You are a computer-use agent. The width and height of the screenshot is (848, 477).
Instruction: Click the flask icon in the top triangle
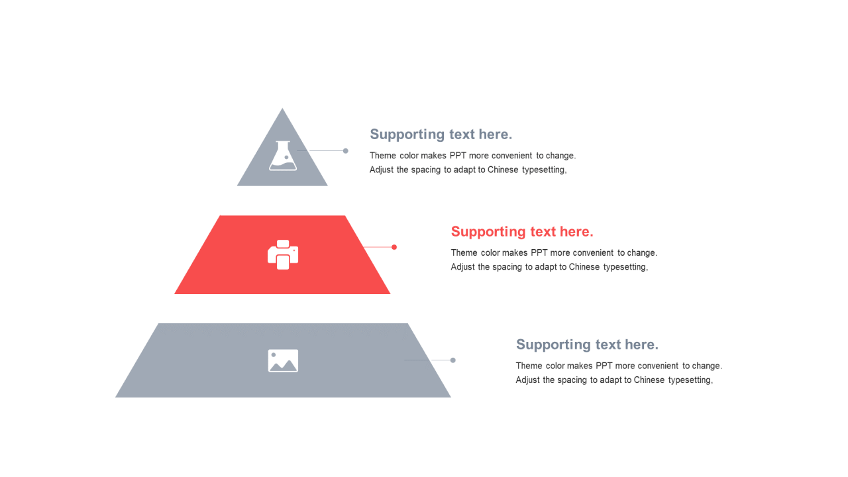[x=283, y=156]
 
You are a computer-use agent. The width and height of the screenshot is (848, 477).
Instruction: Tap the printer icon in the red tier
[x=283, y=255]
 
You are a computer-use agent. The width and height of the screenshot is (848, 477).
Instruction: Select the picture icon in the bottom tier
[x=283, y=361]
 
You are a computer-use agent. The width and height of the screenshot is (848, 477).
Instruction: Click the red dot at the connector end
[x=394, y=247]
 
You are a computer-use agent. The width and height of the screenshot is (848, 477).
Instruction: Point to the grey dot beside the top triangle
[x=345, y=151]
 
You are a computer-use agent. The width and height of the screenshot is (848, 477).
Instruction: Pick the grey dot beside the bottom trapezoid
[x=453, y=360]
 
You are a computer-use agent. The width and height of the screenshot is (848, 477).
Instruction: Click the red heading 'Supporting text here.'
[x=522, y=232]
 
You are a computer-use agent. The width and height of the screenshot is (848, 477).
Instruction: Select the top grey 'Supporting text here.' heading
[x=441, y=134]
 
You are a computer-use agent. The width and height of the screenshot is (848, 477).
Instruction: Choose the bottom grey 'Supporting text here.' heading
[x=587, y=344]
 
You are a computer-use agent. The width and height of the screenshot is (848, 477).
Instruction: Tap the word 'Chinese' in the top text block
[x=503, y=170]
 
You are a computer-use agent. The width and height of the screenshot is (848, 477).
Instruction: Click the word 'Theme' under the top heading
[x=382, y=156]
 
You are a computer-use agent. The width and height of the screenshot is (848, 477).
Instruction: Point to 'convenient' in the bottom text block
[x=659, y=366]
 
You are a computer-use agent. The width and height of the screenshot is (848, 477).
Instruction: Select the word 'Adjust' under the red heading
[x=463, y=267]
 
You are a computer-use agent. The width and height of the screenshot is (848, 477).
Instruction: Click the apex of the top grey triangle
[x=282, y=110]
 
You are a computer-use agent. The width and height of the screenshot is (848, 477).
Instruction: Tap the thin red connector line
[x=378, y=247]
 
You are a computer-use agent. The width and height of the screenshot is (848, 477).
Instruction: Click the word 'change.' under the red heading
[x=641, y=253]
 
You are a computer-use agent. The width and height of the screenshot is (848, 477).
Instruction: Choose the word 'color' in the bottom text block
[x=555, y=366]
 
